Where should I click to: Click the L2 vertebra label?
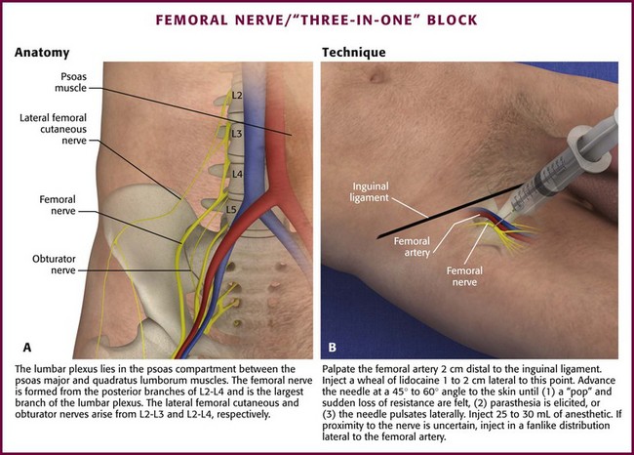point(237,95)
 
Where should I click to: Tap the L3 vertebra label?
point(237,133)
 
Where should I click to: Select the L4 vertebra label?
point(237,174)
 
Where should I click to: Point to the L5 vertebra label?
point(231,209)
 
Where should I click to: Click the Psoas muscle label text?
point(71,82)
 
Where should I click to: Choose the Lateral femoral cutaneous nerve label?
point(53,129)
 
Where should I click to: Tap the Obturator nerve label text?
point(54,265)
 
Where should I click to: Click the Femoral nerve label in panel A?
point(57,205)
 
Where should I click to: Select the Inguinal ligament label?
point(370,192)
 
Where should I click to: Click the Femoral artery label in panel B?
point(412,246)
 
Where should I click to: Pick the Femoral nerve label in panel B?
point(464,276)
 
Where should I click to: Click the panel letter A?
point(27,348)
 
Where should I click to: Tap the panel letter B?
point(332,348)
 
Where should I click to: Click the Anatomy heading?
point(42,53)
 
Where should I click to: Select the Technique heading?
point(354,52)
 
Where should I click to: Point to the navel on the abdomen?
point(376,74)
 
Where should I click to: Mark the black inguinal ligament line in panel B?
point(450,211)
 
